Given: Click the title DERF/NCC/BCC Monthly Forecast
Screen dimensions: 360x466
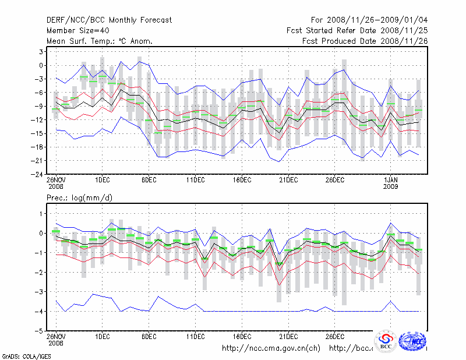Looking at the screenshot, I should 109,20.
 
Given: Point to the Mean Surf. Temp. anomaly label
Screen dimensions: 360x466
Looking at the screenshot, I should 99,41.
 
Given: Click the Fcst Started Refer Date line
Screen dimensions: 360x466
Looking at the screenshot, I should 356,31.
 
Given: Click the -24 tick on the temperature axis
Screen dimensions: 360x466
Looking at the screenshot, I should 36,174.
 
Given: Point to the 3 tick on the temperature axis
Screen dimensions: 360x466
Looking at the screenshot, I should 39,52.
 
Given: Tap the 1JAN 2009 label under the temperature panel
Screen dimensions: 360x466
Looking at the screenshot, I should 390,184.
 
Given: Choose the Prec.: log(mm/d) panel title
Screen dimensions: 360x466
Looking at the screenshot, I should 79,199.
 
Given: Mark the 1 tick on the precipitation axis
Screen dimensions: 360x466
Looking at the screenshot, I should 40,214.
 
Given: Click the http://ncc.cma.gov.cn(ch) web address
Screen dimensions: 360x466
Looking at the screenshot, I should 271,348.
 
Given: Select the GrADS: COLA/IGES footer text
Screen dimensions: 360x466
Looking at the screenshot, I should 26,355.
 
